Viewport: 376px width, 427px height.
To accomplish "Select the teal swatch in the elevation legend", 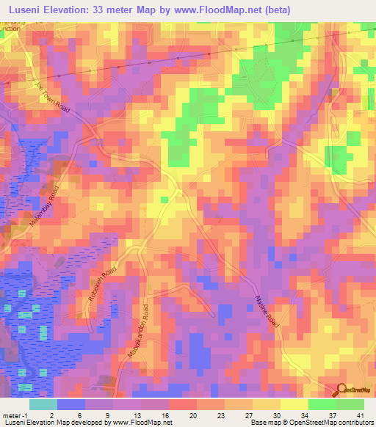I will (x=43, y=404).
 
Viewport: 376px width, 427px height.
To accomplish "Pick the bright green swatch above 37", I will (x=322, y=404).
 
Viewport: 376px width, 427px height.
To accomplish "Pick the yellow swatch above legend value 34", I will (x=294, y=404).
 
